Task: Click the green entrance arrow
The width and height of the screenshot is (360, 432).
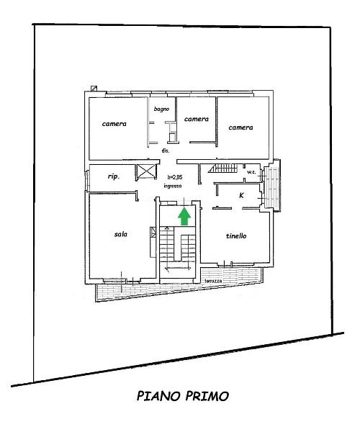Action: [x=184, y=216]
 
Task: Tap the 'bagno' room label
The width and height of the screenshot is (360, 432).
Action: [x=161, y=109]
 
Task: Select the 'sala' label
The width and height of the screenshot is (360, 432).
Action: [x=121, y=234]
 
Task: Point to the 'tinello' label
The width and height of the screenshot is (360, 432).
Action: [x=236, y=236]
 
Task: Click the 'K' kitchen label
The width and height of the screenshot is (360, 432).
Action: [x=242, y=195]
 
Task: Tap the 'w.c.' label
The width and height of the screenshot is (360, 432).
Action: [x=251, y=172]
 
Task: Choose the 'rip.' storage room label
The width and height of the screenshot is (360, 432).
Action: [x=114, y=176]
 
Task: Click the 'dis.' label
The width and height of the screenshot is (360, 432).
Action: [x=166, y=150]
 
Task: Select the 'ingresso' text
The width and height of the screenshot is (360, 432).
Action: [x=173, y=186]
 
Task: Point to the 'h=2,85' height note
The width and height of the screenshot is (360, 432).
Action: [x=175, y=177]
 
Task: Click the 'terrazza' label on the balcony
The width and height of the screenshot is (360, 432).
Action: [x=213, y=281]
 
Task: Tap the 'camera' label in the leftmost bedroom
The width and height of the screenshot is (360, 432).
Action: [x=114, y=124]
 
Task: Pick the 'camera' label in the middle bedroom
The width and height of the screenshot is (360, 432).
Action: [x=196, y=119]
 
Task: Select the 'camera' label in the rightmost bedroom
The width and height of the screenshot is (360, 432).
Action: [x=240, y=127]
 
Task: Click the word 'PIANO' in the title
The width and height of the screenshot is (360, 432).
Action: [x=158, y=396]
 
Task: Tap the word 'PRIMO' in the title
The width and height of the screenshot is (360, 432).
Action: [x=207, y=396]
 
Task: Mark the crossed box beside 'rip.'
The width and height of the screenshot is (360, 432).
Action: [x=146, y=171]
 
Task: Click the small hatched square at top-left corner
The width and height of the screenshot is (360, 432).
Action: [x=94, y=89]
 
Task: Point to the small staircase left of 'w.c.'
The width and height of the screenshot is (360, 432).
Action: [x=223, y=168]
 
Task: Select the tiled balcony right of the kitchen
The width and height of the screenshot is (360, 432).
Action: [x=272, y=187]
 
